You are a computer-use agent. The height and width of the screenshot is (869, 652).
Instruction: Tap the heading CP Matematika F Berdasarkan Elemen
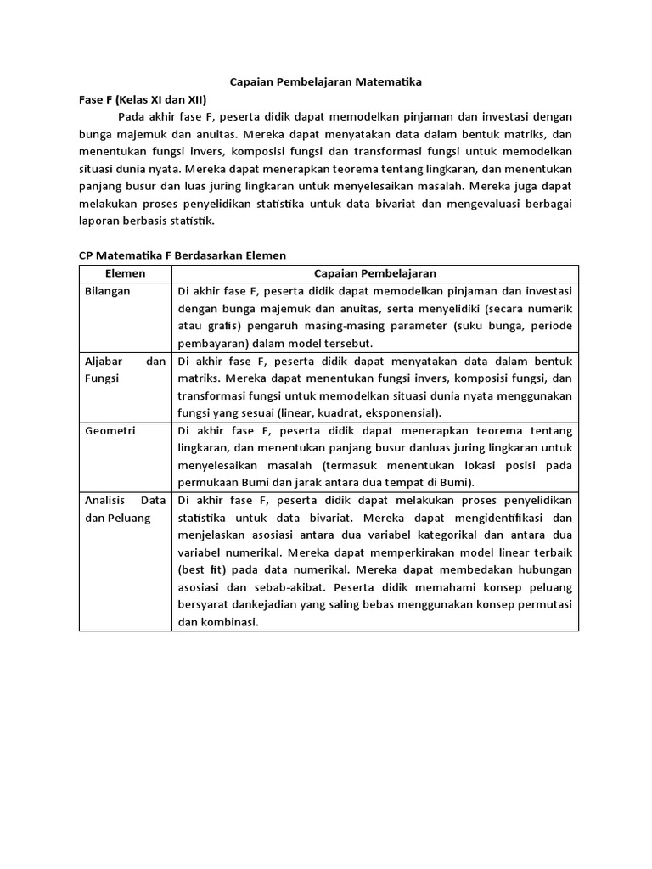183,255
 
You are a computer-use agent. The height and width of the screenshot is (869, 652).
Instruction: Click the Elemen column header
125,273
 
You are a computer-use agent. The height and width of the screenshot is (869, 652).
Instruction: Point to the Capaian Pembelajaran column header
374,273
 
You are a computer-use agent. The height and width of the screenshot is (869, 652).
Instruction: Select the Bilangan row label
108,291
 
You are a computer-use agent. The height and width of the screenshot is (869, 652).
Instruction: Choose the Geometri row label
110,430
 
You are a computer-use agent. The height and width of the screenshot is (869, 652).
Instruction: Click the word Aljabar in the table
105,361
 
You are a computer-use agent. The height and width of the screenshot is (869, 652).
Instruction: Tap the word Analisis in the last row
105,500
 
